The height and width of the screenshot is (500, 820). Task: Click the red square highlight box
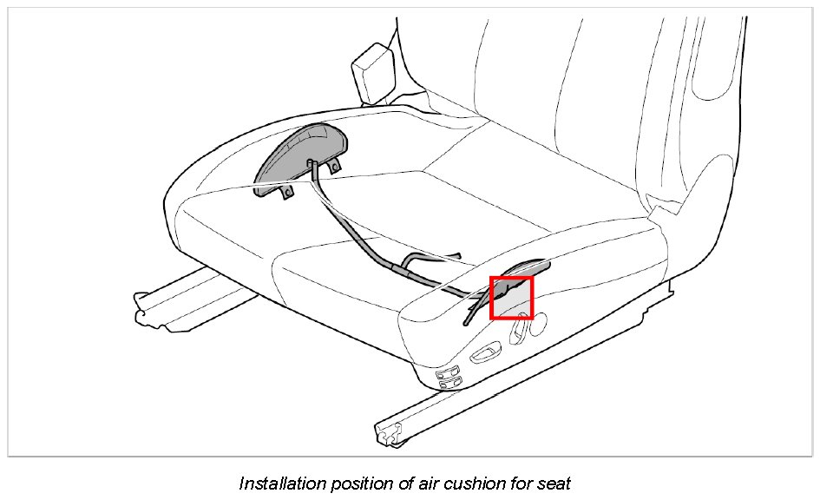(512, 298)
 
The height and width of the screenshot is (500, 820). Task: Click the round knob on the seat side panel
(537, 325)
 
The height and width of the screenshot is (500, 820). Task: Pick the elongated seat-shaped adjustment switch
(483, 354)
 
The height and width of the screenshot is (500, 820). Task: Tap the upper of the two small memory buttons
(450, 372)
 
